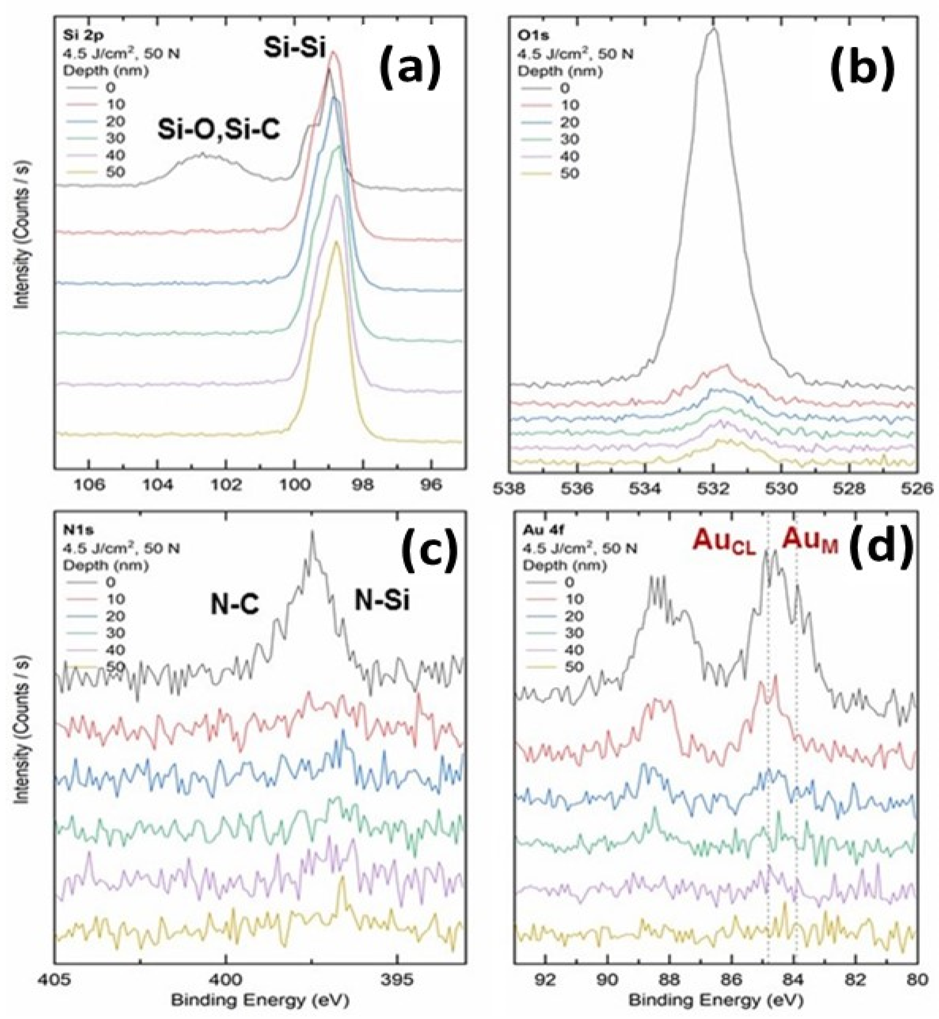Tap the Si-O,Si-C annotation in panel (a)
tap(219, 131)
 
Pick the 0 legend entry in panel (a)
tap(110, 87)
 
